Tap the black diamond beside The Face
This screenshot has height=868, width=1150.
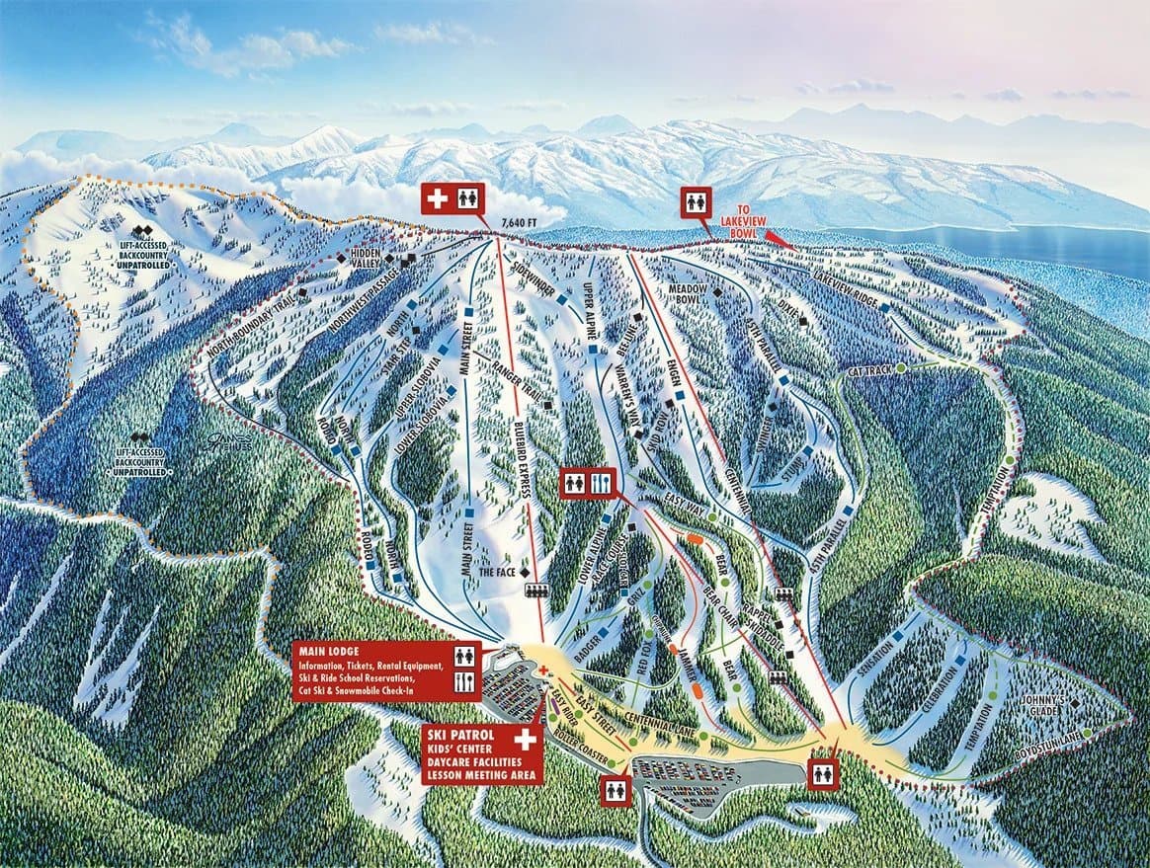pos(526,572)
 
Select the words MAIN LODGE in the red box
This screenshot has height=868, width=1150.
pos(325,652)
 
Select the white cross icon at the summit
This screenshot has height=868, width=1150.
pos(436,197)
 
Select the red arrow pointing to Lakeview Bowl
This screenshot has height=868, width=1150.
pos(780,240)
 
